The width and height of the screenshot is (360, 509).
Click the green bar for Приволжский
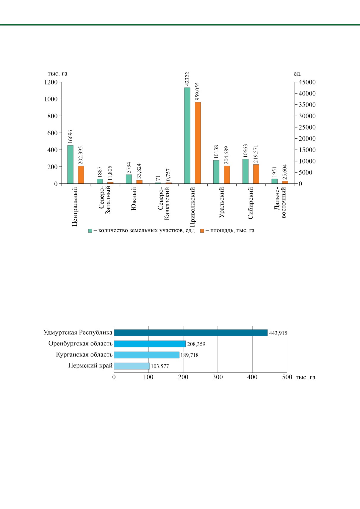[187, 136]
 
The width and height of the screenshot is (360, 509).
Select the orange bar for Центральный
[81, 175]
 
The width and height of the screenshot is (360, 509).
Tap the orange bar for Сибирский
[256, 174]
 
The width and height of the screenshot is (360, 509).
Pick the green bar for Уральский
[216, 172]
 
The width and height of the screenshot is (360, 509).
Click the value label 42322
[187, 79]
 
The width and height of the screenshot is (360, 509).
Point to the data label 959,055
[198, 91]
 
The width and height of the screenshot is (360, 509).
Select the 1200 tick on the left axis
[51, 82]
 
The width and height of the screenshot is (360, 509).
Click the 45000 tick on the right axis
[307, 82]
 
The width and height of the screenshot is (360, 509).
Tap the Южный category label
[134, 199]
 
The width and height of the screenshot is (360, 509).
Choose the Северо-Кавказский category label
[164, 203]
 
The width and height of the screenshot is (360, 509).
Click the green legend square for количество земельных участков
[90, 231]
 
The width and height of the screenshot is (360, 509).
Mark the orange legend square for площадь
[202, 231]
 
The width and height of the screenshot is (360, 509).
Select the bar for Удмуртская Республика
[191, 333]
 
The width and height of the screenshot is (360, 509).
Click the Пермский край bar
[132, 366]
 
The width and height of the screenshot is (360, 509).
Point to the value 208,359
[196, 344]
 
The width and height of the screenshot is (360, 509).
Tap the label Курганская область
[84, 355]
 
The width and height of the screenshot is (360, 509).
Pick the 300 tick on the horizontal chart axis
[218, 377]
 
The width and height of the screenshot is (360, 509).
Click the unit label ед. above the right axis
[298, 74]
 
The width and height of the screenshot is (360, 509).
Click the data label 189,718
[190, 355]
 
